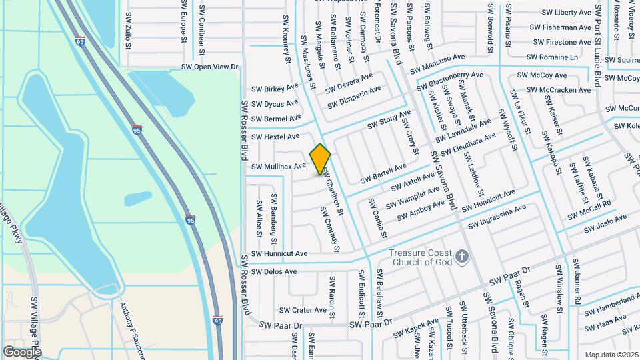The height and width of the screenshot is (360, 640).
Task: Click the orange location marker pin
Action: click(321, 159)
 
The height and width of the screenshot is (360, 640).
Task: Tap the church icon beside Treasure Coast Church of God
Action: click(461, 256)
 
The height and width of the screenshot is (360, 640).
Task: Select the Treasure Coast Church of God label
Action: click(421, 257)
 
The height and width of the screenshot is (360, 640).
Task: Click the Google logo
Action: click(22, 351)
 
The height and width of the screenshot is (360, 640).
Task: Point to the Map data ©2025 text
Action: click(611, 355)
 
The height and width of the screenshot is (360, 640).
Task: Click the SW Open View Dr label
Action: click(210, 67)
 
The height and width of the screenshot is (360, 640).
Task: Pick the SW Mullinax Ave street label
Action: click(278, 165)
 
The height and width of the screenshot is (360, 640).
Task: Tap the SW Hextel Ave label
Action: click(275, 137)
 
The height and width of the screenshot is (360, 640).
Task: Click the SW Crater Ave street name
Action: click(303, 310)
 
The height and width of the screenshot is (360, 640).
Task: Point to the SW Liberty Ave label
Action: click(566, 13)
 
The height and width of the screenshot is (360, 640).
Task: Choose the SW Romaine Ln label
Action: click(552, 57)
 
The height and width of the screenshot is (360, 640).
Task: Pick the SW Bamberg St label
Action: click(273, 213)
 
